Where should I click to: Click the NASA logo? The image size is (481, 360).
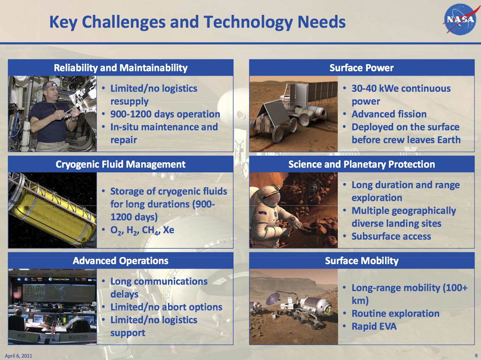coord(460,19)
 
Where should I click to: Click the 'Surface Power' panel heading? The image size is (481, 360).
coord(362,68)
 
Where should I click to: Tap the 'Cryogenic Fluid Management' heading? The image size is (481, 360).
coord(121,165)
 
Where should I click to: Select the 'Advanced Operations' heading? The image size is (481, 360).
coord(121,261)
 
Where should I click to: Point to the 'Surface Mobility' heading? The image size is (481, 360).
coord(362,261)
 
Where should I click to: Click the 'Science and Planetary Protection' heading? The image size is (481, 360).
coord(362,165)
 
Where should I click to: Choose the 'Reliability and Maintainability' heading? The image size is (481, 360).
coord(121,68)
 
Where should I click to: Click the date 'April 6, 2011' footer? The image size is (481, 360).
coord(18,356)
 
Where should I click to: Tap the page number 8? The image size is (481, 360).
coord(476,356)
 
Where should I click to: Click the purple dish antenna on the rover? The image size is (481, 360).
coord(272,298)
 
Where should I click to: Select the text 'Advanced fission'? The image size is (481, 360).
coord(389,114)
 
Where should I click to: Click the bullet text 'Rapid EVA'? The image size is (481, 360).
coord(374,326)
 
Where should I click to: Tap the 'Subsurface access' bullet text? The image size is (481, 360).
coord(391,236)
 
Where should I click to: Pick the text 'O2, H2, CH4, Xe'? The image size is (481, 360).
coord(142,230)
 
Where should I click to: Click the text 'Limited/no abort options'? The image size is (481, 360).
coord(166,307)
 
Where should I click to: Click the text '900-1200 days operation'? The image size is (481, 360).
coord(165,114)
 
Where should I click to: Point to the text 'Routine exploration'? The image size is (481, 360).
coord(395,314)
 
